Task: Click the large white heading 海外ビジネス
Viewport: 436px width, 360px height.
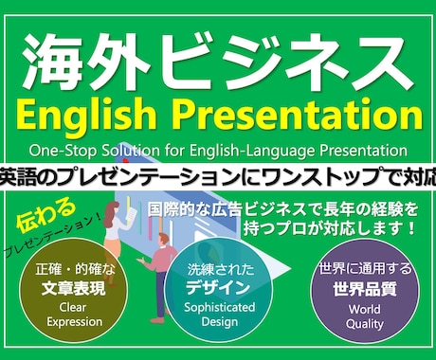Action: (218, 59)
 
